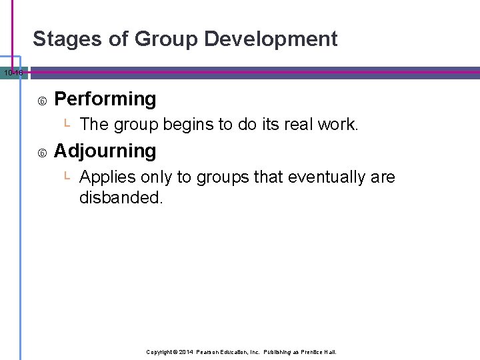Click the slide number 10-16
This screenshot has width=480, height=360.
click(12, 72)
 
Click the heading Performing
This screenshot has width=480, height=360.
click(105, 99)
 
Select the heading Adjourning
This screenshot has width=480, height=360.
click(105, 151)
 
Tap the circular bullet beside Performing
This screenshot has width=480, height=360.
click(42, 101)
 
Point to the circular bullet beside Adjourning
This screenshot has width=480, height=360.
click(42, 153)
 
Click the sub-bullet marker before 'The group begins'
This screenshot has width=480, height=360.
click(67, 123)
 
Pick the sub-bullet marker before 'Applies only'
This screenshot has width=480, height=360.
click(67, 176)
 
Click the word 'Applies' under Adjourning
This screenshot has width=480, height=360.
click(105, 178)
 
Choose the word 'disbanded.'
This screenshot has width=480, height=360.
click(121, 198)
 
